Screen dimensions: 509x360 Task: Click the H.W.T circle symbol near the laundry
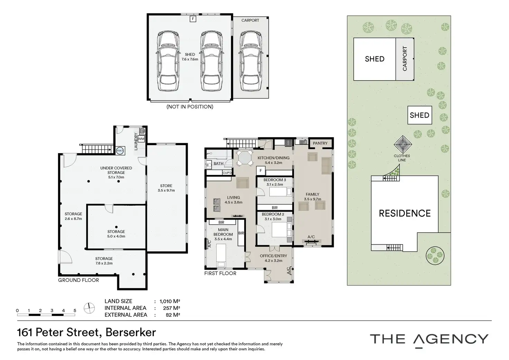(120, 150)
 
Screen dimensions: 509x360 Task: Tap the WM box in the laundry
(141, 139)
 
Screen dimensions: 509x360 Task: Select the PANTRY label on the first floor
(320, 143)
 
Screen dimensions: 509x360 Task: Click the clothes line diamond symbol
(402, 144)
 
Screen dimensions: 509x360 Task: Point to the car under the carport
(251, 61)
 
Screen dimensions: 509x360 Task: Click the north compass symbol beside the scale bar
(89, 308)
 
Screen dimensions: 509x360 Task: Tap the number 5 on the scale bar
(75, 311)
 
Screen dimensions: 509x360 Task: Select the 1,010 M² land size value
(170, 301)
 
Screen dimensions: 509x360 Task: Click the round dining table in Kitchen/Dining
(244, 157)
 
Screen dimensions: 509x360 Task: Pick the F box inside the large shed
(193, 19)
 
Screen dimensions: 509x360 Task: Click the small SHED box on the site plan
(419, 115)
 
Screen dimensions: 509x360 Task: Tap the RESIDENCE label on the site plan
(405, 213)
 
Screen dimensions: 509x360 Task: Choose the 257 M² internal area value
(172, 308)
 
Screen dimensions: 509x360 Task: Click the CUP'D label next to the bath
(227, 173)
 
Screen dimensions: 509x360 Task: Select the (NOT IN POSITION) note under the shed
(190, 107)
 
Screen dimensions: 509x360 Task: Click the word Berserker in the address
(131, 332)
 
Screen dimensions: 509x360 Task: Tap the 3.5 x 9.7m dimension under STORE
(166, 191)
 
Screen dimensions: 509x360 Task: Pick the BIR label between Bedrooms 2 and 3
(275, 207)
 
